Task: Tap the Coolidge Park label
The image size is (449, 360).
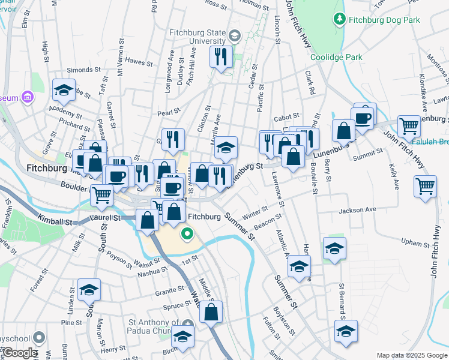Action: [x=337, y=57]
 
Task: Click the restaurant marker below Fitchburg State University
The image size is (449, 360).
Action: [x=221, y=57]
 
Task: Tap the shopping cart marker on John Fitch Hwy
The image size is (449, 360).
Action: [x=409, y=127]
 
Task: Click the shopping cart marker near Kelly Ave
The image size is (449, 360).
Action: [x=425, y=186]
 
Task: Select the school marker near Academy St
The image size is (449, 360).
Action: [x=64, y=90]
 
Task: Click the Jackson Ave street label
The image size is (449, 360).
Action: [x=357, y=211]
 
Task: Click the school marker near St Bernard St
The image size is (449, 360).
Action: [x=346, y=331]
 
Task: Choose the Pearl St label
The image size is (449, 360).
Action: [x=169, y=112]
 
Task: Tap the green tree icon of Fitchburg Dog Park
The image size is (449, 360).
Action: [x=340, y=19]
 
